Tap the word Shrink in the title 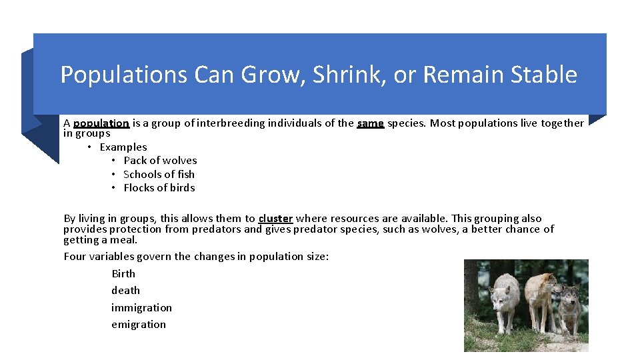[x=349, y=75]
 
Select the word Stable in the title [x=543, y=75]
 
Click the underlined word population [x=101, y=123]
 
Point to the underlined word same [x=370, y=123]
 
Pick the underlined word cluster [x=275, y=219]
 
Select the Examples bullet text [x=123, y=147]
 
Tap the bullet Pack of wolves [x=160, y=161]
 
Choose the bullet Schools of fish [x=159, y=175]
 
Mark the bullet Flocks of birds [x=159, y=188]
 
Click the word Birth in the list [x=123, y=274]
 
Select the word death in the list [x=125, y=291]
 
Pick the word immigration [x=141, y=308]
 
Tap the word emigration [x=139, y=325]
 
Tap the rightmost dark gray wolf [x=569, y=308]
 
